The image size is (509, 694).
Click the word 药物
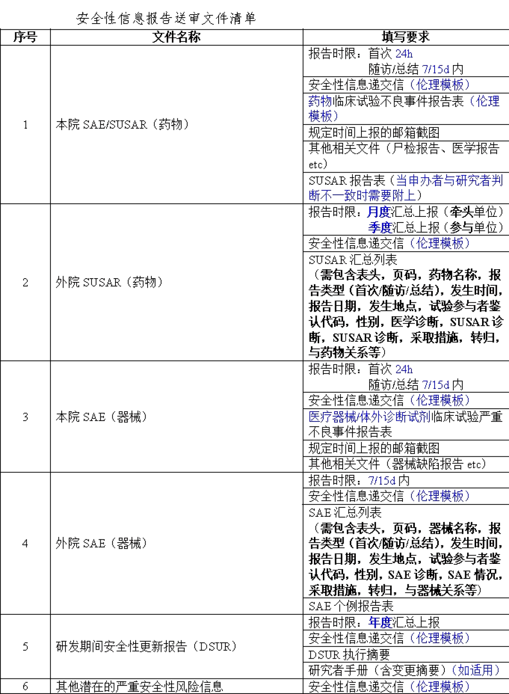point(320,100)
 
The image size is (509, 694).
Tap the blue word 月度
point(379,212)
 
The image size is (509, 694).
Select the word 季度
point(379,228)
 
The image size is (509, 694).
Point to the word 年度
point(380,622)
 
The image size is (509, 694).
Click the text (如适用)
point(476,669)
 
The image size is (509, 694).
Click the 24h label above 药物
point(404,54)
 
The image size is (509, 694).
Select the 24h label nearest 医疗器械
point(404,369)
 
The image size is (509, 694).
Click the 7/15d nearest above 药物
point(435,69)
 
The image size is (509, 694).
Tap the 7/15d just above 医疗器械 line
point(435,384)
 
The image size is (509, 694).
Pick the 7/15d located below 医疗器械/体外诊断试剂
point(382,481)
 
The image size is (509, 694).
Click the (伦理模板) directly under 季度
point(440,243)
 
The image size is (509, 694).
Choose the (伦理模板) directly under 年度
point(440,638)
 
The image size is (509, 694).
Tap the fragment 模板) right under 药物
point(324,116)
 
